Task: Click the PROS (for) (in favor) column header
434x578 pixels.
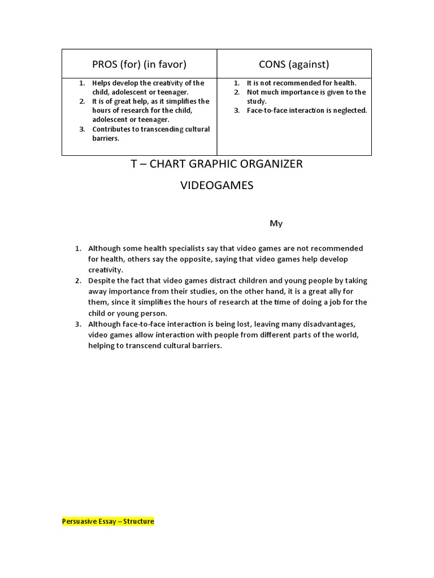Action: point(139,64)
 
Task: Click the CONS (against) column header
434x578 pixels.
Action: point(294,64)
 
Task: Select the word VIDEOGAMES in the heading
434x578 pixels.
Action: point(217,186)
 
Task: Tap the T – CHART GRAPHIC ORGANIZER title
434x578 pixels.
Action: point(217,164)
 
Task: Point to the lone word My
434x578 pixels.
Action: point(276,224)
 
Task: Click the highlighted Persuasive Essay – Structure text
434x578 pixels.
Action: point(108,522)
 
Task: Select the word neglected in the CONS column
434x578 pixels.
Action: point(349,111)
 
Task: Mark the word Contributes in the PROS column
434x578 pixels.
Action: point(113,129)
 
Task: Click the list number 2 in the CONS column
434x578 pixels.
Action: point(237,92)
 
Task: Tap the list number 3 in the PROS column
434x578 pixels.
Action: point(82,129)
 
